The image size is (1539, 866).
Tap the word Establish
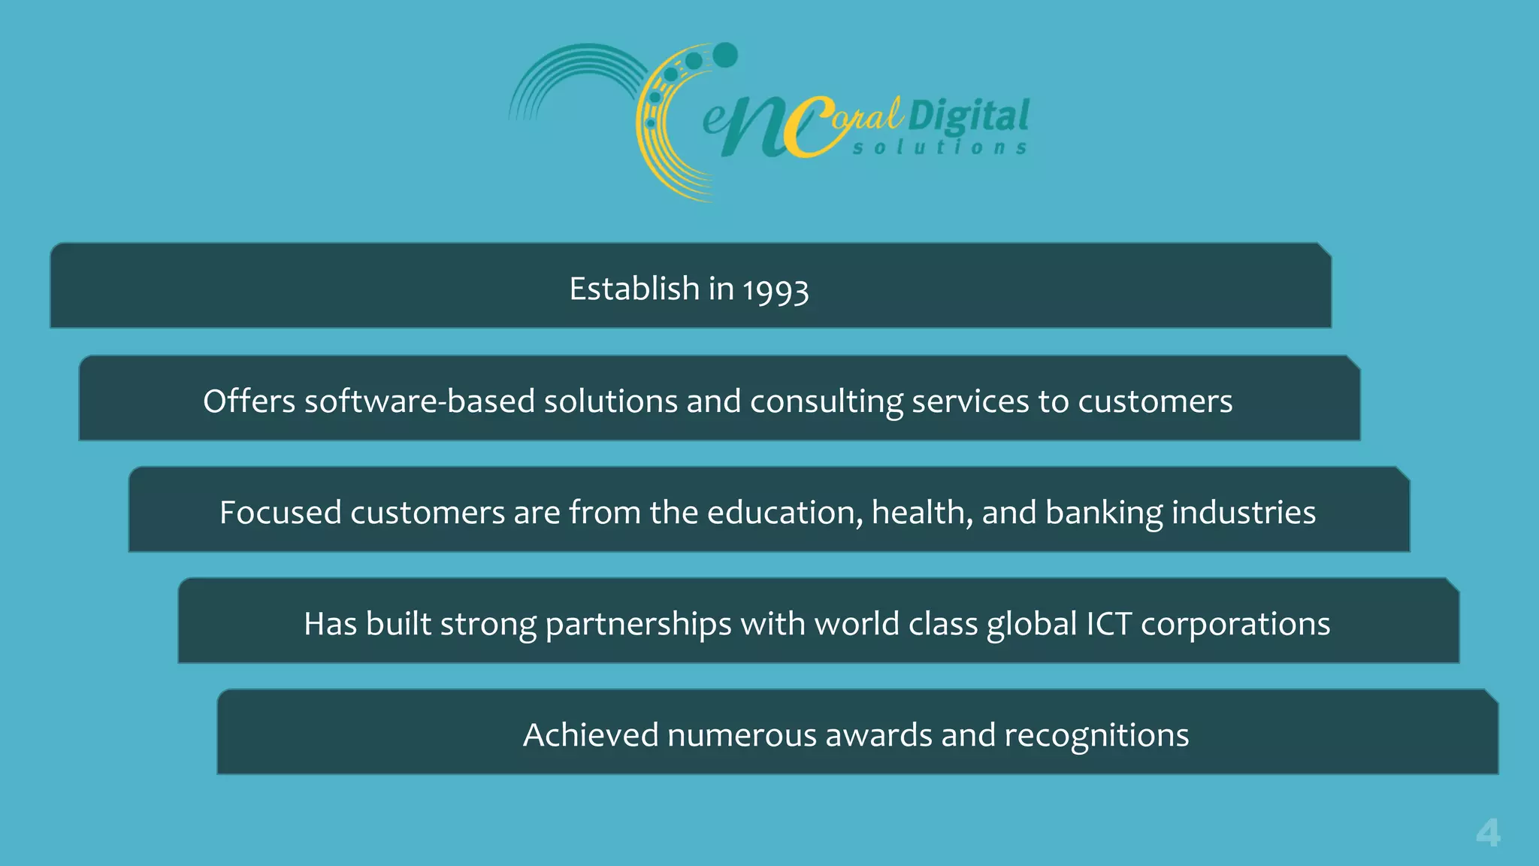tap(634, 289)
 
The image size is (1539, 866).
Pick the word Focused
tap(280, 513)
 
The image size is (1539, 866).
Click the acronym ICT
tap(1108, 624)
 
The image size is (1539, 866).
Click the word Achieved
tap(590, 735)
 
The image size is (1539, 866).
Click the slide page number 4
tap(1488, 833)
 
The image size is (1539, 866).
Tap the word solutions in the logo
tap(939, 147)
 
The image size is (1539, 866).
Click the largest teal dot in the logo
tap(725, 55)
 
